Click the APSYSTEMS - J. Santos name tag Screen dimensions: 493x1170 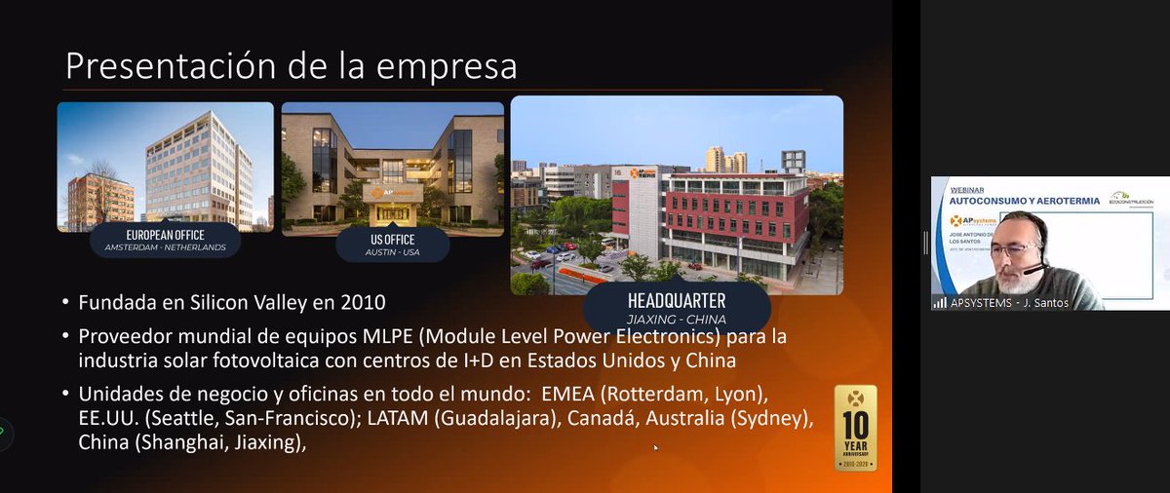coord(1000,302)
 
